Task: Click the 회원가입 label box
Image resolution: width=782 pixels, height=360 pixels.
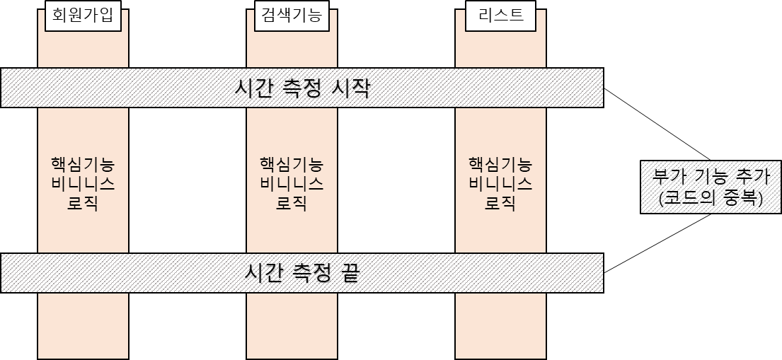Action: click(83, 16)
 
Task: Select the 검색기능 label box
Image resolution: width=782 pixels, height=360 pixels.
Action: click(292, 16)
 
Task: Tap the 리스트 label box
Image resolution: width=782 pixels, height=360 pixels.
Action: click(500, 16)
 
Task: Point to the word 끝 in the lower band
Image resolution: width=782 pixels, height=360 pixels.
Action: click(349, 273)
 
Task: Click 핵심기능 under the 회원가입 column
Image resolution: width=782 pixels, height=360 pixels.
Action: click(83, 165)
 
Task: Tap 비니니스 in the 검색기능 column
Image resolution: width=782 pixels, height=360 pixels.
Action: click(292, 184)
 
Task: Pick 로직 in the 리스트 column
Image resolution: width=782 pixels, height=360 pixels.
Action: click(500, 203)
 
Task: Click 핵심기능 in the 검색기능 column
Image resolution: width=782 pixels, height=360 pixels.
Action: click(292, 165)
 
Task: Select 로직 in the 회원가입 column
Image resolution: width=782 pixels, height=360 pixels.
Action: click(83, 203)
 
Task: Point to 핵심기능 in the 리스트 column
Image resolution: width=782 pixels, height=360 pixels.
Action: click(500, 165)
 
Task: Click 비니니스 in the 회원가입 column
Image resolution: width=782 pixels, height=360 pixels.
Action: click(83, 184)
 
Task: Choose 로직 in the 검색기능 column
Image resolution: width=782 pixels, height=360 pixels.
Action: click(292, 203)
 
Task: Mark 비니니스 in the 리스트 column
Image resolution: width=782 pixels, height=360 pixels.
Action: click(500, 184)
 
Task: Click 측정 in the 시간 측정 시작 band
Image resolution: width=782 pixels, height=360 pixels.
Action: click(301, 89)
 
